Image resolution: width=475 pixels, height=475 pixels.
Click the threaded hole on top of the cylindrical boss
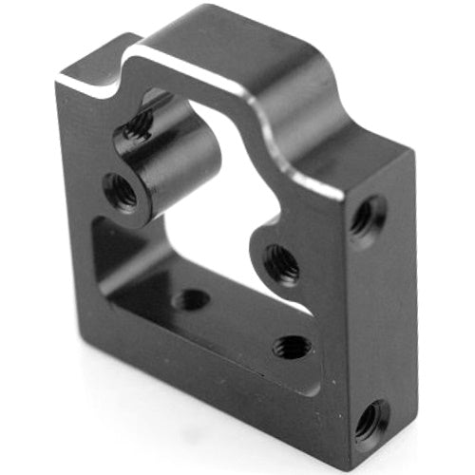tap(139, 123)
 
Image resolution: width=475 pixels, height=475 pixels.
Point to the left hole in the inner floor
tap(191, 300)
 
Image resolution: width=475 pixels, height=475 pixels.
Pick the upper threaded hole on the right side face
tap(366, 218)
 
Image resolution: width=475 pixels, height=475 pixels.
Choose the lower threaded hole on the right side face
tap(370, 418)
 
